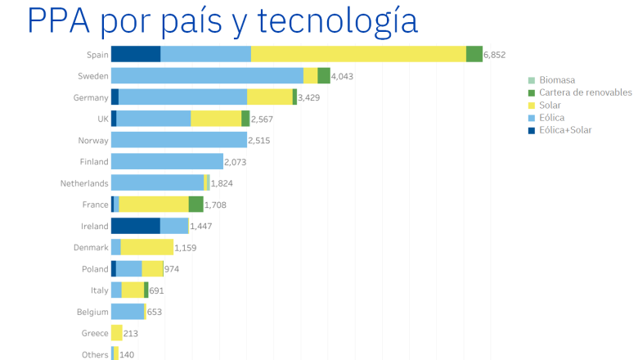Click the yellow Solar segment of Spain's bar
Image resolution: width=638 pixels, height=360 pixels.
point(358,54)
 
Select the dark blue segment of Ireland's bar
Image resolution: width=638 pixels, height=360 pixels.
point(135,226)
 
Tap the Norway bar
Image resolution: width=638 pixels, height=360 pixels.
point(178,140)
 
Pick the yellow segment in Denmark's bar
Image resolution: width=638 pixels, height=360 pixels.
point(146,247)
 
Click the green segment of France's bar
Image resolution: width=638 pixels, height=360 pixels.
point(195,205)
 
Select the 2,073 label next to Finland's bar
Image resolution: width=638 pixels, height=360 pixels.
point(236,162)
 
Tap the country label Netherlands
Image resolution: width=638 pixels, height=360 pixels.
point(84,183)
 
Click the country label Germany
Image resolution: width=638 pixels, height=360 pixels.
point(90,97)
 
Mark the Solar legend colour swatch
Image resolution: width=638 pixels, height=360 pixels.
point(532,106)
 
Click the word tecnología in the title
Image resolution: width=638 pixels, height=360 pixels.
point(335,20)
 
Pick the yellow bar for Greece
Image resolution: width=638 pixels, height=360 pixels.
point(116,333)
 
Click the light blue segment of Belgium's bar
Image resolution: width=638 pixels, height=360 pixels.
point(127,312)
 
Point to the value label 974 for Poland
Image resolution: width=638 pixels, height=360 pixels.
point(173,269)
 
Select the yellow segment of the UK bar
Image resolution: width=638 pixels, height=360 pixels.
point(216,119)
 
